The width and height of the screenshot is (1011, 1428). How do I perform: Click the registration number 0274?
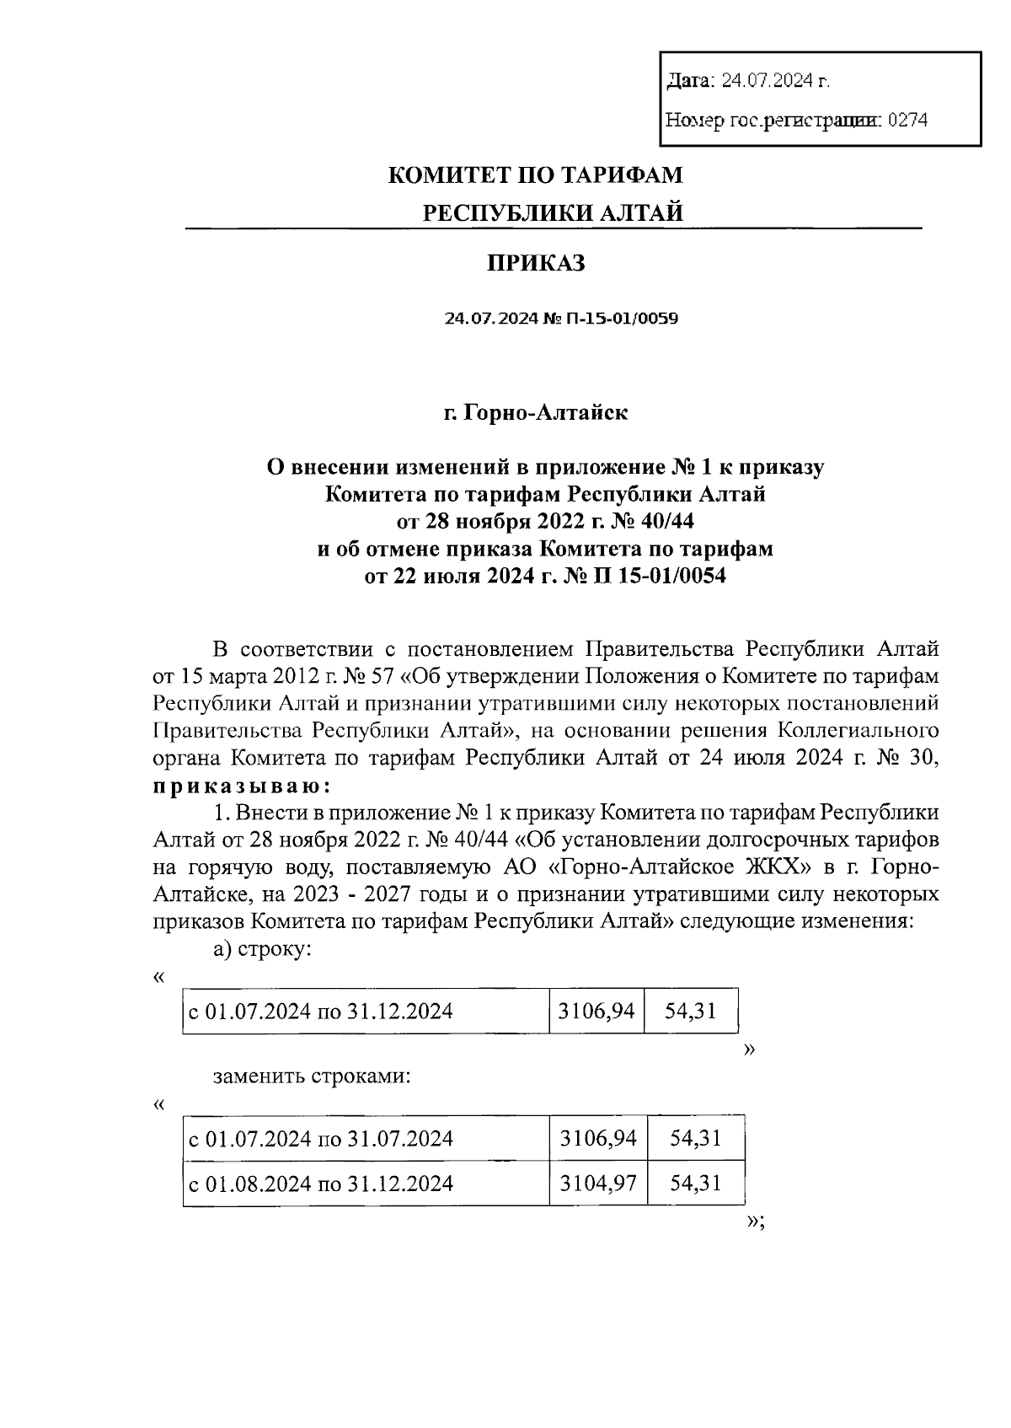pyautogui.click(x=907, y=121)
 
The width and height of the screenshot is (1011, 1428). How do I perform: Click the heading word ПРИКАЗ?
pyautogui.click(x=536, y=264)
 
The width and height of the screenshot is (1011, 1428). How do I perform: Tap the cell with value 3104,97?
pyautogui.click(x=597, y=1184)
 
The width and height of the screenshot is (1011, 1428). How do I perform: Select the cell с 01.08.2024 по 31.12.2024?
pyautogui.click(x=321, y=1184)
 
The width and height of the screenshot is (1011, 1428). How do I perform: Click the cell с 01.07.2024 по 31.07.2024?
pyautogui.click(x=321, y=1140)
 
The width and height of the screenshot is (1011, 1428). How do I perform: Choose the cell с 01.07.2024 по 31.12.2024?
pyautogui.click(x=320, y=1011)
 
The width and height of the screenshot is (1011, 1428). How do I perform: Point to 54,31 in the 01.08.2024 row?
pyautogui.click(x=695, y=1184)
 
